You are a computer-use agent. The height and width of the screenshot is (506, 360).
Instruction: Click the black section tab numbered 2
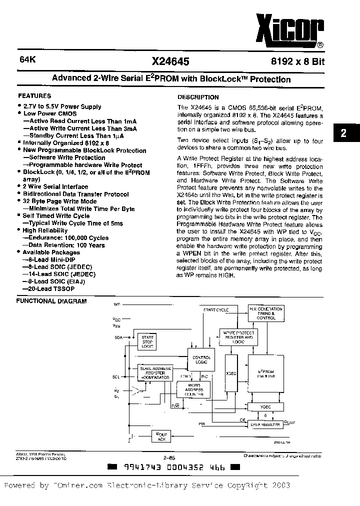point(343,133)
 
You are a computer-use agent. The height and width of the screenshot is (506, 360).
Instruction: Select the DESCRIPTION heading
point(198,97)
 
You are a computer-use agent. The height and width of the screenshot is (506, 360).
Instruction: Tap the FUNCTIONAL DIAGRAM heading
point(51,301)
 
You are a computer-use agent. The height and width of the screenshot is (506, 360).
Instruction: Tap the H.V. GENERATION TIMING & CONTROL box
point(265,313)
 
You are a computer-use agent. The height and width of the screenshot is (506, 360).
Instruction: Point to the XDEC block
point(231,373)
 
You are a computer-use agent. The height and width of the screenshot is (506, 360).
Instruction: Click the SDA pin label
point(118,338)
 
